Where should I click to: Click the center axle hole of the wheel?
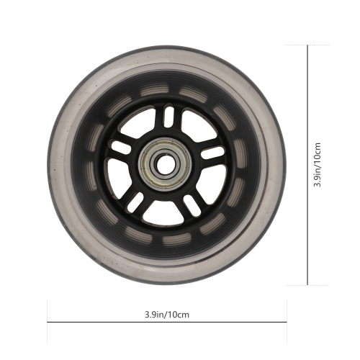pos(166,165)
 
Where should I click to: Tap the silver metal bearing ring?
pos(166,165)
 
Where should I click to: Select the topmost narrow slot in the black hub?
pos(169,116)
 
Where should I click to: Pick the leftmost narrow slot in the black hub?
pos(121,147)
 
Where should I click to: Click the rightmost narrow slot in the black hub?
pos(212,153)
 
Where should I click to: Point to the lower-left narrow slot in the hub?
pos(135,202)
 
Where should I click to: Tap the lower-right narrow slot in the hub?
pos(192,205)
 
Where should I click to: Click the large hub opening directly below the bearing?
pos(163,214)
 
